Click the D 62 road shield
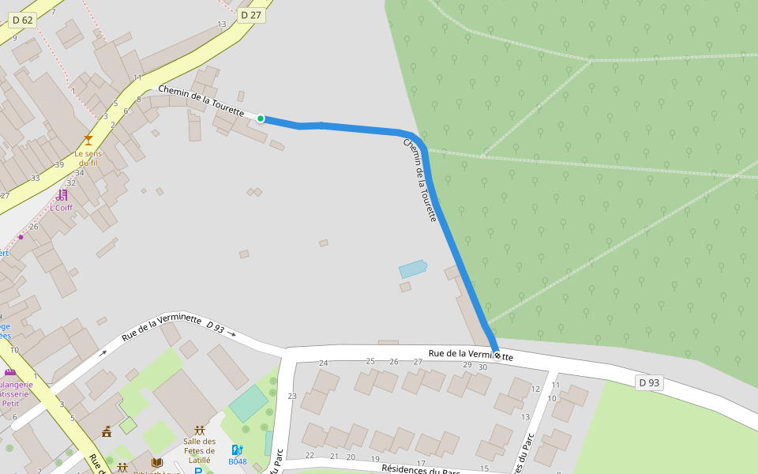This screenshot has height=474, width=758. coord(23,20)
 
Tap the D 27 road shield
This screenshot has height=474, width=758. coord(250,15)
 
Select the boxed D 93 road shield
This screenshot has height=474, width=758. coord(649,383)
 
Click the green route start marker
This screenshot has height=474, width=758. coord(261,118)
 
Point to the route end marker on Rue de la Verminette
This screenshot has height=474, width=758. coord(496,355)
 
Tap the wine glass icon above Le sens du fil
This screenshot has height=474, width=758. coord(88,140)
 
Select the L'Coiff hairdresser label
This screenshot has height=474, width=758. coord(61,208)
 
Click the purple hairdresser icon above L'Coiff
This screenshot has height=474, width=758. coord(62,194)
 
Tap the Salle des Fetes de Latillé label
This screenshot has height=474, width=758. coord(200,451)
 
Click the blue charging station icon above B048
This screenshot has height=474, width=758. coord(237,450)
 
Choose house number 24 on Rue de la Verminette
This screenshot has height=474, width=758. coord(323,363)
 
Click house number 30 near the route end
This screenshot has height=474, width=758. coord(483,367)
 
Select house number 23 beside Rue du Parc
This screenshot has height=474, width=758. coord(292,396)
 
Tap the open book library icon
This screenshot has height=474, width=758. coord(156,463)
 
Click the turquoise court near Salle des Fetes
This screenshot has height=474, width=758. coord(249,403)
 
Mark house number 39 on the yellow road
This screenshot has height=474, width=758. coord(59,164)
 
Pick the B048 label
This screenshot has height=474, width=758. coord(238,461)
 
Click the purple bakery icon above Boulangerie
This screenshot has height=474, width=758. coord(9,372)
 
